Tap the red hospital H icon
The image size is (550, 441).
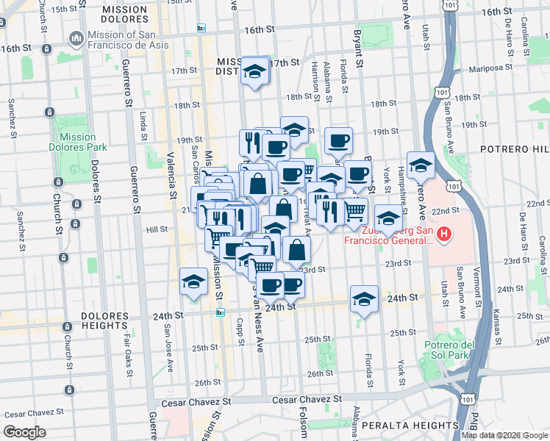point(443,235)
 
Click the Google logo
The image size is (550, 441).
point(25,431)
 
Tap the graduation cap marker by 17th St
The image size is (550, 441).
point(255,72)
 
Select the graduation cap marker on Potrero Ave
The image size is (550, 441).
point(421,166)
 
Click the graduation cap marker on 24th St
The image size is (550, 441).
point(364,300)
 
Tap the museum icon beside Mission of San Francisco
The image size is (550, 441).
point(76,38)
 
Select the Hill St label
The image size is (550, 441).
point(157,229)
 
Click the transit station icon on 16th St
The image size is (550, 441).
point(201,28)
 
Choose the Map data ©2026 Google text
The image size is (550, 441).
point(505,434)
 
